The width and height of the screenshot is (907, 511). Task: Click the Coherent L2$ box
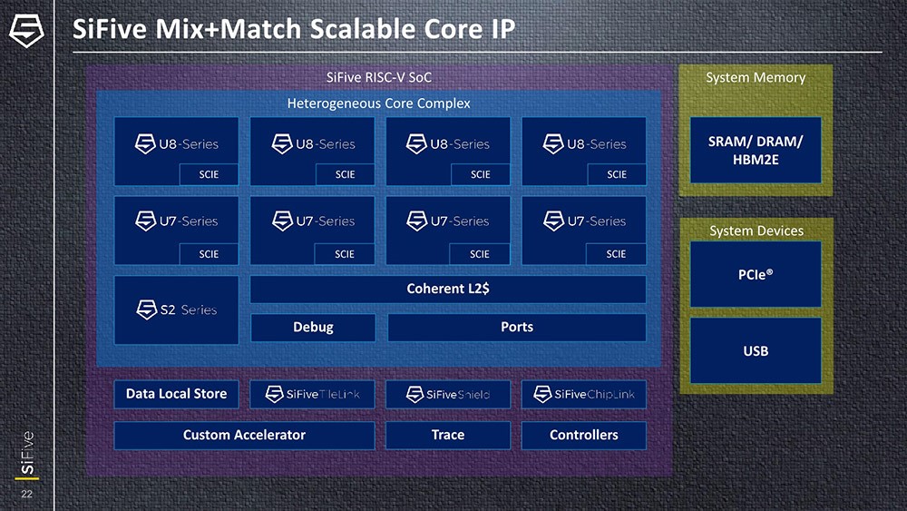click(x=448, y=290)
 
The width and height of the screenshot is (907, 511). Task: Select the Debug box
click(x=313, y=328)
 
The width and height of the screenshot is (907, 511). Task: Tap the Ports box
click(x=517, y=328)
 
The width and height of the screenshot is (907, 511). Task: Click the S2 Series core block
click(x=177, y=310)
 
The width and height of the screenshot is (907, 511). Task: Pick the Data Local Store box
click(x=176, y=394)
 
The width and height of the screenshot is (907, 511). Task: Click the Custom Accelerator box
click(x=244, y=436)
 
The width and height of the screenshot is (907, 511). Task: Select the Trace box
click(x=448, y=436)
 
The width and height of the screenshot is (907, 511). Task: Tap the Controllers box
click(x=584, y=436)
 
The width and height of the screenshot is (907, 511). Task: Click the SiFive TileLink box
click(x=312, y=394)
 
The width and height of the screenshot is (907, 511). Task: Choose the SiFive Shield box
click(x=448, y=394)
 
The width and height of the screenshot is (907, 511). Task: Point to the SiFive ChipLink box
click(x=584, y=394)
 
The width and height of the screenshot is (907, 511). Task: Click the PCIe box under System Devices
click(x=756, y=274)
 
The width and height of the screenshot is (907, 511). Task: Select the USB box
click(x=756, y=350)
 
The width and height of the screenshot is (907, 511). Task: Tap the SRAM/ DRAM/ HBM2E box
click(x=756, y=151)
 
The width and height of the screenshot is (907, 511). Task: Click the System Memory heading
click(x=756, y=78)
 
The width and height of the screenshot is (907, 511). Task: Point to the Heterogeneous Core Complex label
click(x=379, y=103)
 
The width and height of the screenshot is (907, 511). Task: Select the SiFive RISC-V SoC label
click(x=379, y=78)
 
